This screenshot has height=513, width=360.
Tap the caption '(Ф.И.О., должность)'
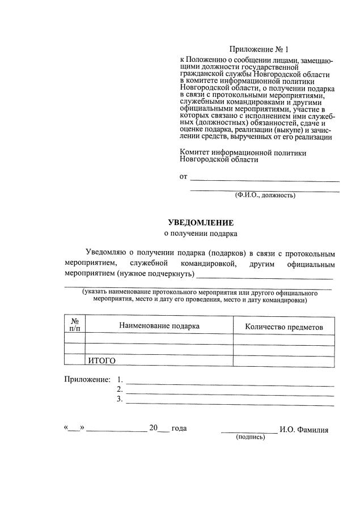265,195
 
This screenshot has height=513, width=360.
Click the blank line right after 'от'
264,179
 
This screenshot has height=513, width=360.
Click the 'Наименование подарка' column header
159,326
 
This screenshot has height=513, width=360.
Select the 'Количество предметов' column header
283,327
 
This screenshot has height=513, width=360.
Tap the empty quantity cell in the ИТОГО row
283,360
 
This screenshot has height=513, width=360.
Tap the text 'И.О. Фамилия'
304,430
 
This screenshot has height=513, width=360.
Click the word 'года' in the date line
179,429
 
